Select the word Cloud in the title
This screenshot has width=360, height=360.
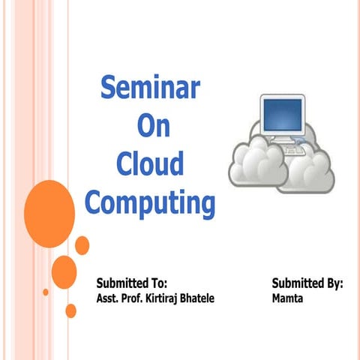[x=150, y=163]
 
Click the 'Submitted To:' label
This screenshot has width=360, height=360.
[x=131, y=283]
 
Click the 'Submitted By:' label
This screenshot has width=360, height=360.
[x=307, y=283]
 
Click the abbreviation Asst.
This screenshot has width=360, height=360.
[x=108, y=298]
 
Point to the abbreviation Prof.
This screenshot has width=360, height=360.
[x=131, y=298]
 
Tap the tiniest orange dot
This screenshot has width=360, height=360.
[x=46, y=292]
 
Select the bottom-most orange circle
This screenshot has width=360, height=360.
[x=71, y=310]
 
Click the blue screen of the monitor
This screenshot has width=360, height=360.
[x=282, y=115]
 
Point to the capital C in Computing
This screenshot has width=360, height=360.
[x=95, y=201]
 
